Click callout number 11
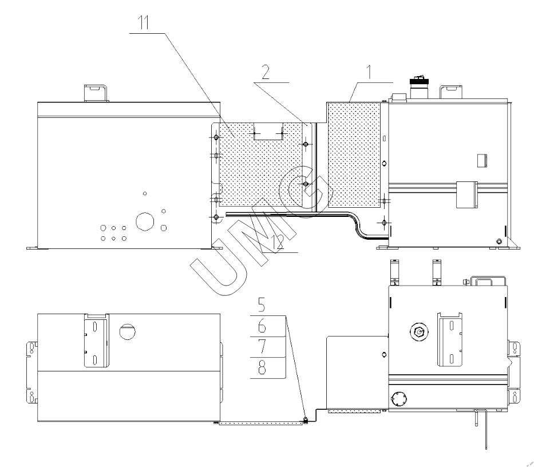(x=144, y=23)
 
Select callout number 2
(x=266, y=72)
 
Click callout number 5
(x=262, y=305)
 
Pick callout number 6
(x=262, y=326)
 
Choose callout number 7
(x=262, y=347)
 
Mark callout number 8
(x=262, y=368)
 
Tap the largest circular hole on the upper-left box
(x=145, y=221)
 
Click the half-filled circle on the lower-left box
(x=128, y=331)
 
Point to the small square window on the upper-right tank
(x=482, y=160)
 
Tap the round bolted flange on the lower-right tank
(x=399, y=399)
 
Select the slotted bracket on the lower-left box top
(x=96, y=341)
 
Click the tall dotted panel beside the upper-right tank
(x=354, y=155)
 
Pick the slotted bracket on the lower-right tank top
(x=450, y=339)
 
